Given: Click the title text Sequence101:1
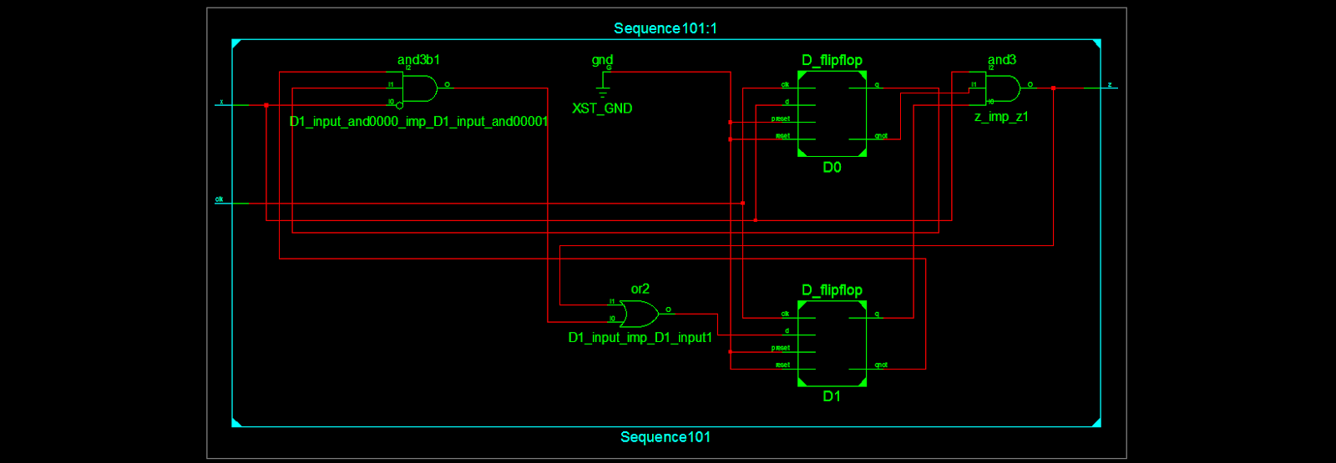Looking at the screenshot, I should (665, 28).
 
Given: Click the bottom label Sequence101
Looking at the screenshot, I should (665, 437).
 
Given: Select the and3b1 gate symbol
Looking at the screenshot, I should (420, 88).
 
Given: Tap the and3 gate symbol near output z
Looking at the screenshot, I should (1003, 88).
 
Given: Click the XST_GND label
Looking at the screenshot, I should (602, 108).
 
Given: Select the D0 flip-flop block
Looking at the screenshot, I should (832, 113).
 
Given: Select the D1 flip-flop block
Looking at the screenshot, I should (832, 343).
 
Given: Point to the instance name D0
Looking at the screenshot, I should (832, 168).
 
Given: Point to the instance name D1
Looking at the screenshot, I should (832, 396).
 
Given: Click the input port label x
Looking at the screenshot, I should (221, 102).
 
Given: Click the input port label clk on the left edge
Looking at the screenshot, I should (219, 199).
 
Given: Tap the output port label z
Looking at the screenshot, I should (1110, 84).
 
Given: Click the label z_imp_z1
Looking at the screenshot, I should (1001, 117).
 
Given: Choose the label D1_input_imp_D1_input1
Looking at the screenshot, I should (640, 338).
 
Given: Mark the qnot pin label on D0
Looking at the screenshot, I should (881, 136).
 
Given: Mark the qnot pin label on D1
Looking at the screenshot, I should (881, 365).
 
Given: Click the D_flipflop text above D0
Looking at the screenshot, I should (832, 60).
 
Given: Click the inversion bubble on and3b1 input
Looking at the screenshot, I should (399, 105).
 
